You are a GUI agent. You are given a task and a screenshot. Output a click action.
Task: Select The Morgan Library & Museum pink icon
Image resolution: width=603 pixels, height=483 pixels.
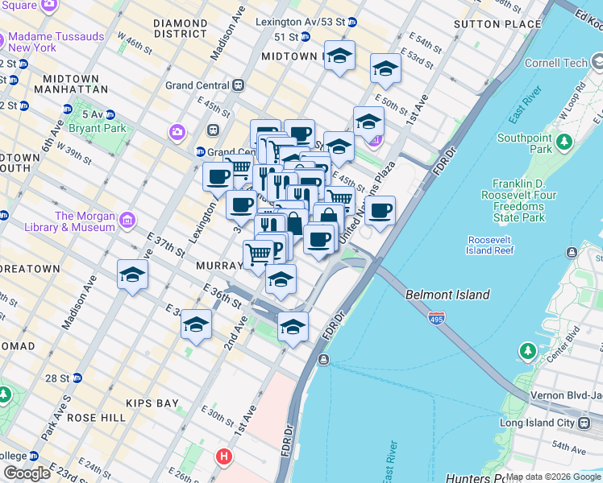tap(127, 221)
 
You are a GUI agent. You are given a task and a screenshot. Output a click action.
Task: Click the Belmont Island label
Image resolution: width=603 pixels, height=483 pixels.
tap(447, 295)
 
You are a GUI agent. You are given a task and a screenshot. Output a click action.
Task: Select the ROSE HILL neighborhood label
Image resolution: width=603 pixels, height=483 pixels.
tap(97, 418)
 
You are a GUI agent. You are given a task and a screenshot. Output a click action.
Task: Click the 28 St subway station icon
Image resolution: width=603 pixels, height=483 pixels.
tap(77, 378)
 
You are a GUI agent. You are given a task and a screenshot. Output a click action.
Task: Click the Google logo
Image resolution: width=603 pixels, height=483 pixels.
tap(27, 473)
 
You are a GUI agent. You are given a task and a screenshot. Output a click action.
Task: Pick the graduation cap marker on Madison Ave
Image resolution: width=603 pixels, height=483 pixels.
tap(132, 275)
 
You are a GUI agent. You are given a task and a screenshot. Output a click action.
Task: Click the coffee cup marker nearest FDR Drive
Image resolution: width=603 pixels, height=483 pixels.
tap(380, 212)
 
